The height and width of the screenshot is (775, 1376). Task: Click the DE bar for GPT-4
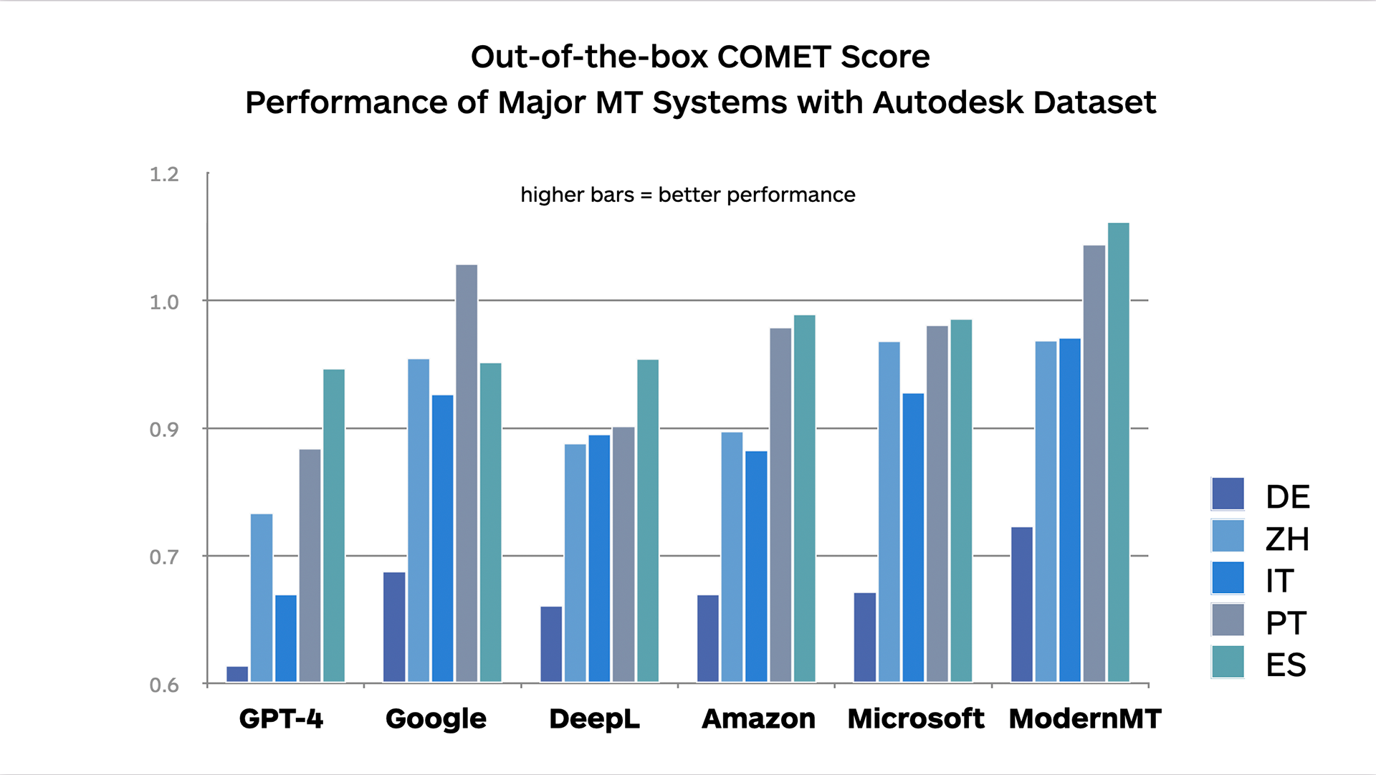(237, 674)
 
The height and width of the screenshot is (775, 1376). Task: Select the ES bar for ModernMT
(1118, 452)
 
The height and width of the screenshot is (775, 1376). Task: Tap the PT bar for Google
(467, 473)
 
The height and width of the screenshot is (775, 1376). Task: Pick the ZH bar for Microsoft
(889, 511)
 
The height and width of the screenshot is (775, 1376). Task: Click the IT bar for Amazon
(756, 566)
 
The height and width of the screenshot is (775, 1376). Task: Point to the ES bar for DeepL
(648, 520)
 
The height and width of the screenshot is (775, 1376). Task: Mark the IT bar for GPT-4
(285, 638)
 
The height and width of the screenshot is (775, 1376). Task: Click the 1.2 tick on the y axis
(164, 174)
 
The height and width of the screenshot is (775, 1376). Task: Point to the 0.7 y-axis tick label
(164, 557)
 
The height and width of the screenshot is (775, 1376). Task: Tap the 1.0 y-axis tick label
(164, 302)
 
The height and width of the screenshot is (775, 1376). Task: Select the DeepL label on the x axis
(594, 718)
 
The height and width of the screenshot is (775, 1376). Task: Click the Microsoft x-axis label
(916, 718)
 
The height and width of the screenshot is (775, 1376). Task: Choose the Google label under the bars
(436, 718)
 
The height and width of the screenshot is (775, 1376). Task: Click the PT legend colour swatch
(1228, 620)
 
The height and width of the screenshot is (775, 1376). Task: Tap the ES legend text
(1286, 665)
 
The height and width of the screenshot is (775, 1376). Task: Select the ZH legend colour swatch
(1228, 536)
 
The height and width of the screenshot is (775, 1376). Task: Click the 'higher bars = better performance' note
(687, 195)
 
